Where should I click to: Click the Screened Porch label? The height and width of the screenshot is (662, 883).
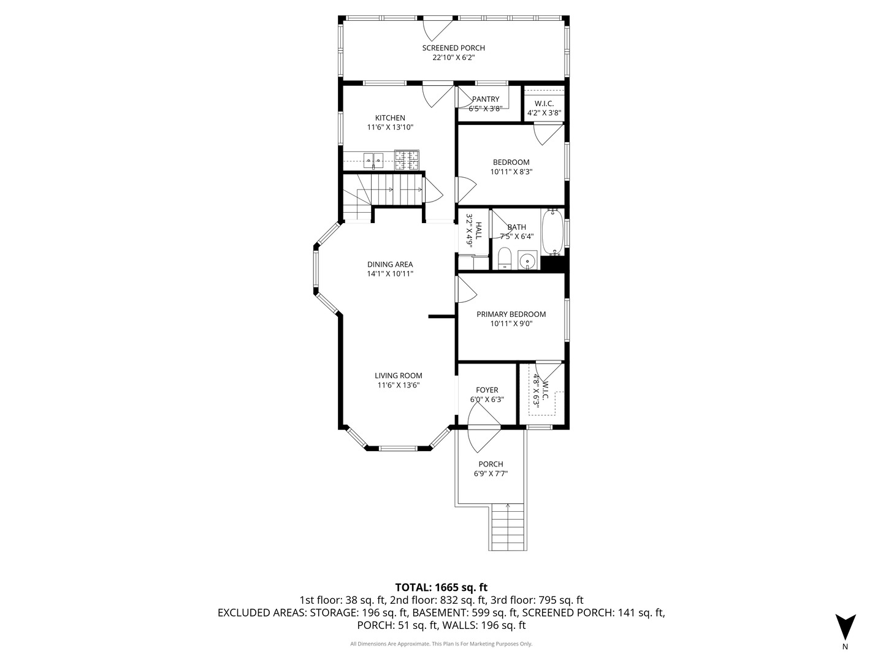453,48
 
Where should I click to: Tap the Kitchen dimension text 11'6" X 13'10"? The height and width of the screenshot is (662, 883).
390,127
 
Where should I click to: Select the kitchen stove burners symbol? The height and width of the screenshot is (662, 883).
407,160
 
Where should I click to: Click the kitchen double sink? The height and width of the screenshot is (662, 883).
373,161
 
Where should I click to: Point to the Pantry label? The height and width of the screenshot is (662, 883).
486,99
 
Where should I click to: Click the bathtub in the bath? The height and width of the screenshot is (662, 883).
552,233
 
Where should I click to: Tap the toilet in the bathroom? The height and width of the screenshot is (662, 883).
504,259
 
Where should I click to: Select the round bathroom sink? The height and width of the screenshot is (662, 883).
527,261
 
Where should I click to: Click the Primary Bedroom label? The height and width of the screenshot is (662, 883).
511,314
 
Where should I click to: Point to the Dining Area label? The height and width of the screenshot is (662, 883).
390,264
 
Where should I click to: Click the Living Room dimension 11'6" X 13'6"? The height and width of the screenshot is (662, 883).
399,386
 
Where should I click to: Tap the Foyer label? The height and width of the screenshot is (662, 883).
487,390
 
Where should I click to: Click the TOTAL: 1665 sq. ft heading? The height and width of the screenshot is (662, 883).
441,587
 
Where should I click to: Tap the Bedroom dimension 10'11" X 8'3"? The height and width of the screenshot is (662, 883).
511,172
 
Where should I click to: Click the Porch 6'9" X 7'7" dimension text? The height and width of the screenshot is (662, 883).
491,474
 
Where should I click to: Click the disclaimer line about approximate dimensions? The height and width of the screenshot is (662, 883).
441,644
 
